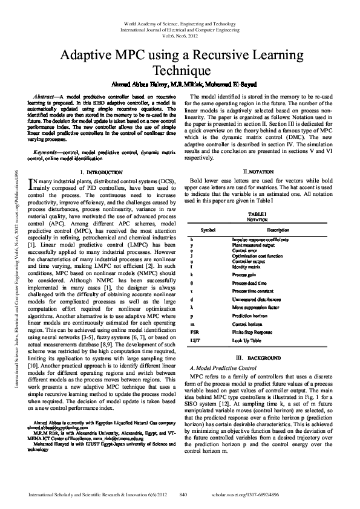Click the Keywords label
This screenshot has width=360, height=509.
pyautogui.click(x=49, y=154)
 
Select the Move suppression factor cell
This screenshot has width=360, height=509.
pyautogui.click(x=255, y=307)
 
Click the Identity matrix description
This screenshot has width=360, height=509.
pyautogui.click(x=246, y=266)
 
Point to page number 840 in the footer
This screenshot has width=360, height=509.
pyautogui.click(x=183, y=494)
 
